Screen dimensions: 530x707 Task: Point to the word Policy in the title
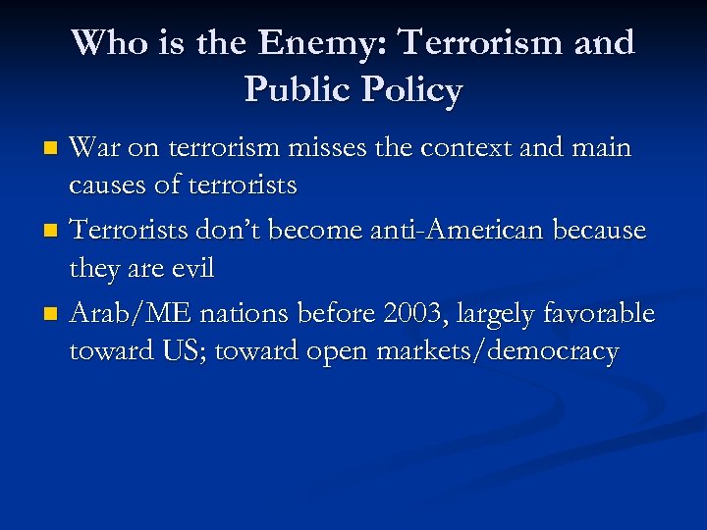411,90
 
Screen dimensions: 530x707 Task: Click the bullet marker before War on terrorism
55,150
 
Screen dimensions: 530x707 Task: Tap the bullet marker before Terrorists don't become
55,233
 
